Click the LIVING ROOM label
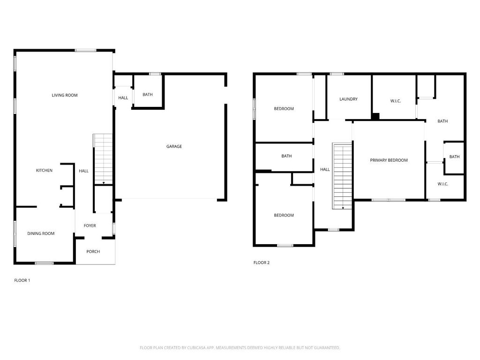click(65, 95)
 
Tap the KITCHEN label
click(45, 171)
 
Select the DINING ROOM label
click(41, 233)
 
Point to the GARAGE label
click(174, 147)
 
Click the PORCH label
click(93, 252)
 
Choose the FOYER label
click(90, 226)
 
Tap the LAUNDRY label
click(349, 99)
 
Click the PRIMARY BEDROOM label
click(389, 160)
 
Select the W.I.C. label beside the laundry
click(396, 101)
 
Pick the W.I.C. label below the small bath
click(443, 184)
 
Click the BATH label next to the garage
click(148, 95)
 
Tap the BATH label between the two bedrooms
click(287, 156)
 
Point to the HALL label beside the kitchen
click(84, 171)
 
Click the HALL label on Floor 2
click(325, 170)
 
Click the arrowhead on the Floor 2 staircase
click(343, 208)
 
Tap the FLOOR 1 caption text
click(22, 280)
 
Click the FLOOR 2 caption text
click(262, 263)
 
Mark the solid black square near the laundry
click(375, 116)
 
